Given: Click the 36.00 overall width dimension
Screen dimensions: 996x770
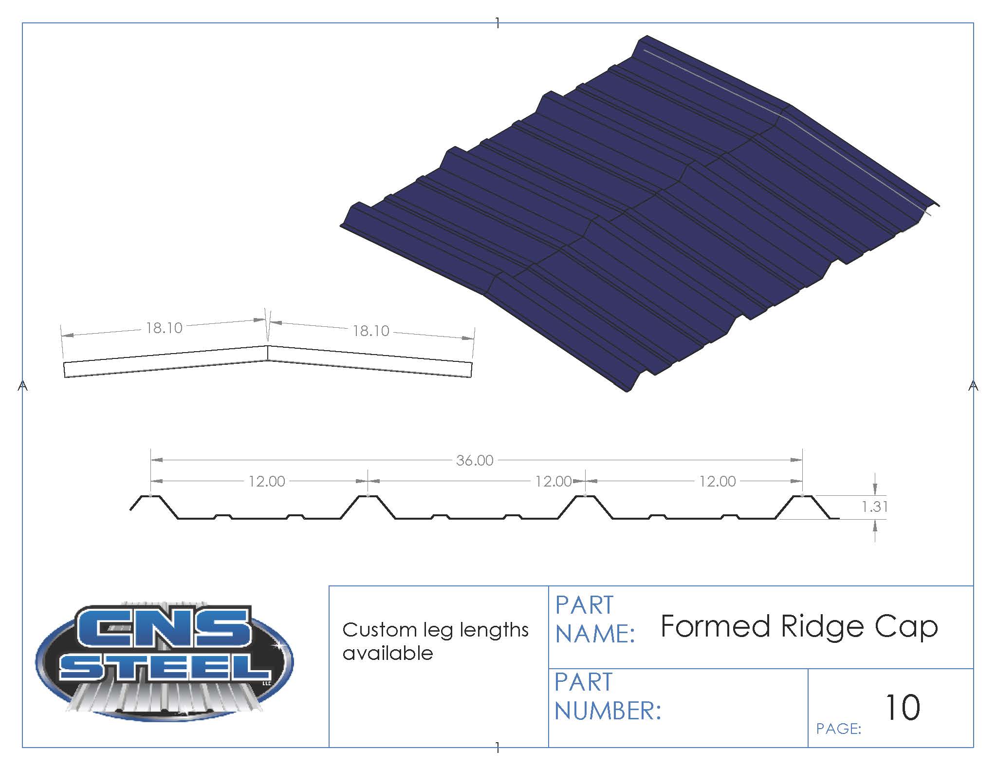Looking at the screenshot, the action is click(x=475, y=460).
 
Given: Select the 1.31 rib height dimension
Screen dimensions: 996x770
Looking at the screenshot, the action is click(x=875, y=507).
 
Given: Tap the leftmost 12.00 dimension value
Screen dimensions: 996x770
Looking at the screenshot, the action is click(x=267, y=481).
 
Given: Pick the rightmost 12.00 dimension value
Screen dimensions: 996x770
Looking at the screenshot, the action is click(x=718, y=481).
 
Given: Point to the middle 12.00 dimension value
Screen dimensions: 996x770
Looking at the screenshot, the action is click(x=553, y=481).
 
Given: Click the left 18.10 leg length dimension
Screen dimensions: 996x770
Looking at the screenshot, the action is click(x=164, y=328).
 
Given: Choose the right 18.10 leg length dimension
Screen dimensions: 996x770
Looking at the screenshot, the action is click(x=371, y=331).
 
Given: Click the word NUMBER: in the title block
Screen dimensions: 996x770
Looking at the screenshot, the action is click(x=608, y=711).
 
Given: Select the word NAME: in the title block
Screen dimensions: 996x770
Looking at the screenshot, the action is click(x=595, y=634).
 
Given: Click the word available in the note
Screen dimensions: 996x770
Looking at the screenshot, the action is click(x=387, y=653).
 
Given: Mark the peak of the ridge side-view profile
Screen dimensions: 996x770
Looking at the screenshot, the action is click(x=268, y=346).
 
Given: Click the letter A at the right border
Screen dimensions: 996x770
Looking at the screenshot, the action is click(x=973, y=386).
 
